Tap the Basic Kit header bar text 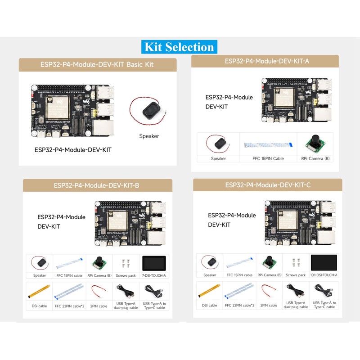pos(98,64)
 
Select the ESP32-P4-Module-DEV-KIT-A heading pos(265,61)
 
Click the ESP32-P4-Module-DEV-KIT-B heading pos(98,185)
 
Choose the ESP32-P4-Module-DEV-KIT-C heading pos(268,185)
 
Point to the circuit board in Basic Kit pos(72,111)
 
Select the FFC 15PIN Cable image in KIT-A pos(269,145)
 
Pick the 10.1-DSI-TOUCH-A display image pos(324,262)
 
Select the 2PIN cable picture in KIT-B pos(99,290)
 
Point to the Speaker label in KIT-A pos(218,158)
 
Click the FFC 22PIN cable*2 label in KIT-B pos(68,306)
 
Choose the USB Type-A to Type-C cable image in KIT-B pos(154,291)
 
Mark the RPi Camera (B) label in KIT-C pos(270,275)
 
